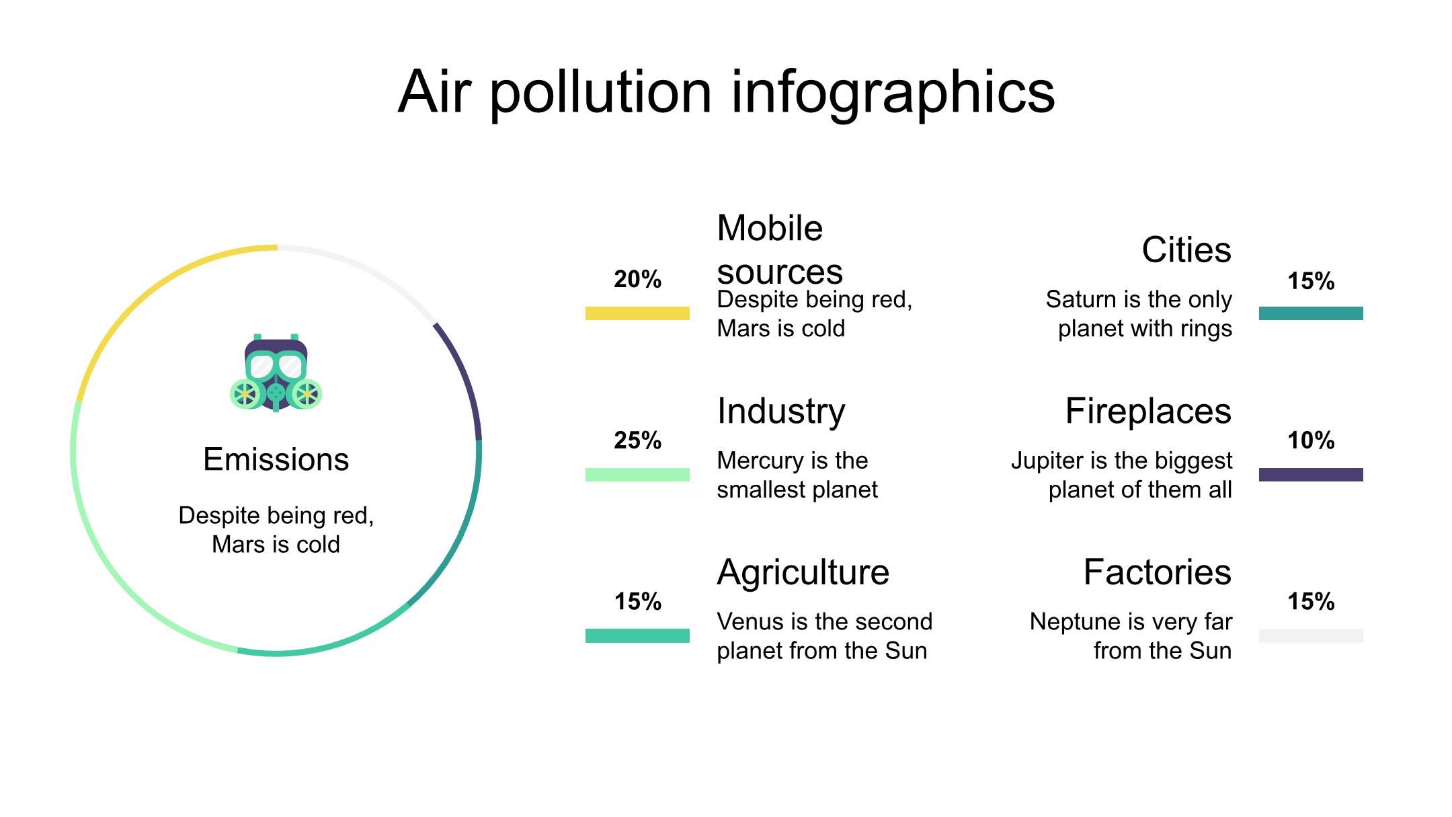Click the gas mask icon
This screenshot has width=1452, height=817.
(276, 373)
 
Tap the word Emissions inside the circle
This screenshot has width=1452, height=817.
(276, 460)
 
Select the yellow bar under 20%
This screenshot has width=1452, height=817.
(637, 313)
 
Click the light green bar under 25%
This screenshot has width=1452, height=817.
(637, 475)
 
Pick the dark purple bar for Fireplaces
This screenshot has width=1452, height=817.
(1311, 475)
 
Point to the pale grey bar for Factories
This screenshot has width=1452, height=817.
(1311, 635)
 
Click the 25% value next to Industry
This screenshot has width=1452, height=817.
(637, 440)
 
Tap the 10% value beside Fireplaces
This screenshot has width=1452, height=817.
(1311, 440)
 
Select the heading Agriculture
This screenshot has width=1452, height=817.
(803, 574)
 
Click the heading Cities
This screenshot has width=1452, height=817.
(1186, 250)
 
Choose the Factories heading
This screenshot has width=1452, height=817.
(1158, 572)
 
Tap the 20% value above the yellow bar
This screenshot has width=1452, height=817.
(637, 279)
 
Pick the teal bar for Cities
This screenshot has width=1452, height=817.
(1311, 313)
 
